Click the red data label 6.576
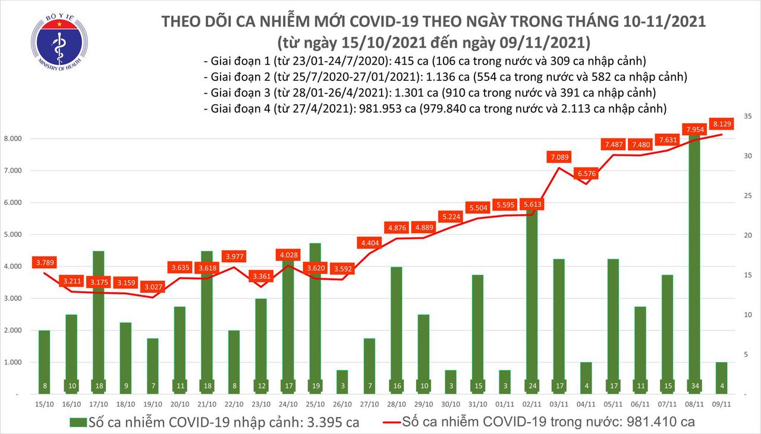(x=586, y=174)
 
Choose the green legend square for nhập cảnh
(x=77, y=423)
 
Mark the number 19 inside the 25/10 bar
(x=315, y=386)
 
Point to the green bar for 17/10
(x=99, y=321)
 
